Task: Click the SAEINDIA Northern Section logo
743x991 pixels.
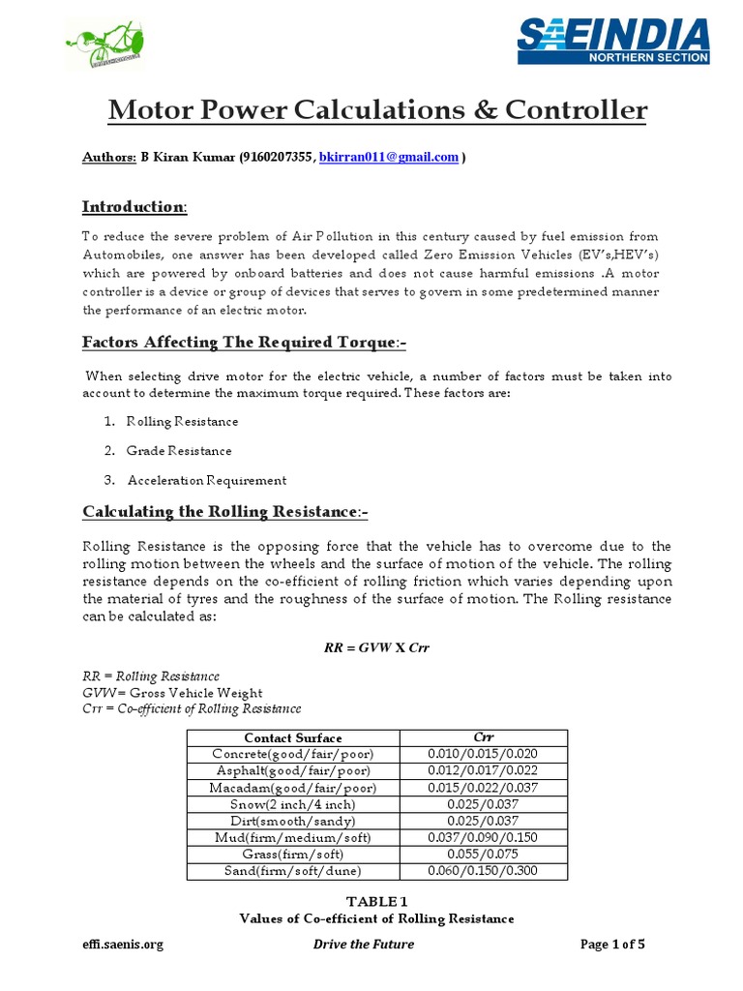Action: click(613, 41)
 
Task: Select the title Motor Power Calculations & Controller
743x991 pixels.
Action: click(376, 111)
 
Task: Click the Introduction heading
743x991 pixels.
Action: click(133, 207)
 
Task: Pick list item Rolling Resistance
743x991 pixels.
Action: click(182, 422)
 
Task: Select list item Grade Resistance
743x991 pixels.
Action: click(179, 451)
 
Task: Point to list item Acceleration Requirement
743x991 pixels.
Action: click(206, 480)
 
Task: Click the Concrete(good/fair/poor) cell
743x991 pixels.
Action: click(292, 755)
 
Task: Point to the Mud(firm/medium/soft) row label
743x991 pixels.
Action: click(292, 837)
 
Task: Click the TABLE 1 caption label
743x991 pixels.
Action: click(376, 901)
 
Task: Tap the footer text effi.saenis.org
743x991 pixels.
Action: click(122, 945)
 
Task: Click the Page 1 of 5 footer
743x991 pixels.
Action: click(620, 945)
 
